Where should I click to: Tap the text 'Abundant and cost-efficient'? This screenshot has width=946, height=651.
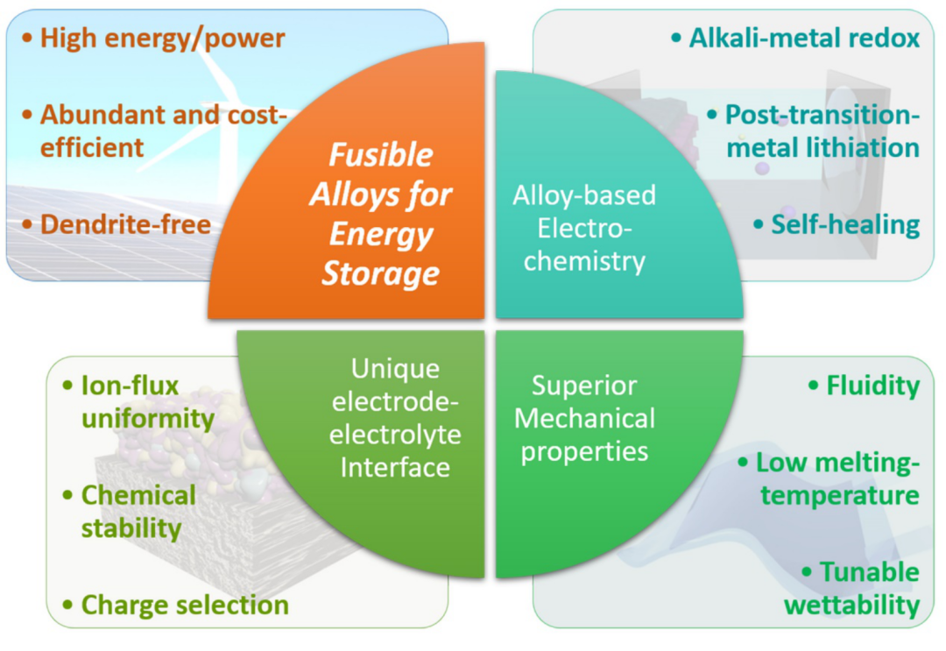[153, 131]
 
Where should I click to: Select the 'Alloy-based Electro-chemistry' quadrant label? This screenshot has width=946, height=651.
[583, 228]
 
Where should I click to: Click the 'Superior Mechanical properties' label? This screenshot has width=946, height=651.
[584, 418]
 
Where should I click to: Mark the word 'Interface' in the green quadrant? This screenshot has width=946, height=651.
[394, 467]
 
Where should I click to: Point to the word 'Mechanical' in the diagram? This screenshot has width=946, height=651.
[584, 418]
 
